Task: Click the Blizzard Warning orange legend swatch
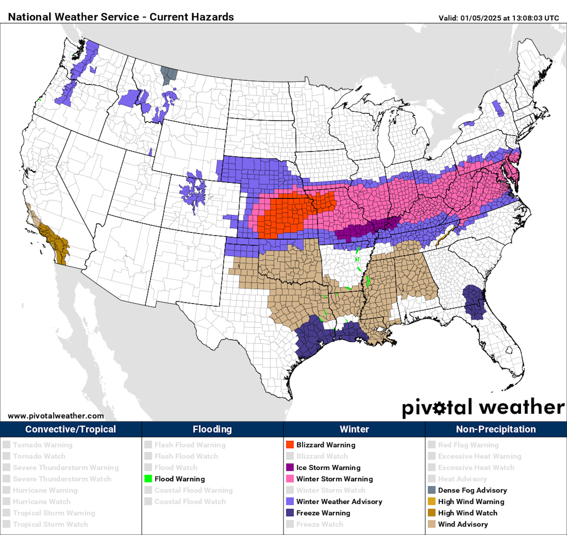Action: click(290, 445)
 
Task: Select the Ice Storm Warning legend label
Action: click(328, 467)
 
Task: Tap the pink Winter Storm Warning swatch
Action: click(290, 479)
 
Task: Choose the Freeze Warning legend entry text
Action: click(323, 513)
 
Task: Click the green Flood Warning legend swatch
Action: click(148, 479)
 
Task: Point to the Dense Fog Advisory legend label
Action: click(472, 490)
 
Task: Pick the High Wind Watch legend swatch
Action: click(431, 513)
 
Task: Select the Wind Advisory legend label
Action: click(463, 524)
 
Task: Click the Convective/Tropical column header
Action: click(71, 429)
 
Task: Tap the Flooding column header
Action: click(212, 429)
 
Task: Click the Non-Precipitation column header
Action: click(496, 429)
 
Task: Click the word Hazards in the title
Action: click(212, 17)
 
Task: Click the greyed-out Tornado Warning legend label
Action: click(43, 445)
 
